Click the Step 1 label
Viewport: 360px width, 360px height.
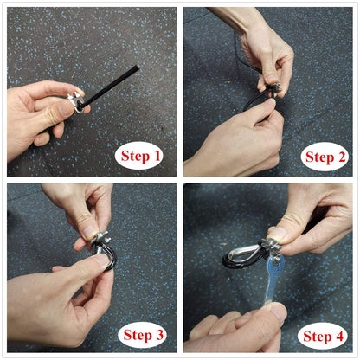point(140,156)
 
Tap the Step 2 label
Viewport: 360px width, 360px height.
point(325,157)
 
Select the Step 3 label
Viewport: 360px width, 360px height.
point(144,335)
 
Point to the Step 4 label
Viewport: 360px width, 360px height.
point(323,337)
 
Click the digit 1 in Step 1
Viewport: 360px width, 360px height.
point(157,156)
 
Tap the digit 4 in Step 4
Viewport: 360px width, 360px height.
point(339,336)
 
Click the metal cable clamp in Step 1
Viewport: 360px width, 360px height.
point(76,102)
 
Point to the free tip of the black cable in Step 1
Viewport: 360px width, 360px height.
point(138,67)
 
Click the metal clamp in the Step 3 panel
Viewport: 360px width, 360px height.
point(100,241)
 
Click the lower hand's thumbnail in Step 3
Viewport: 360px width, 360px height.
point(101,260)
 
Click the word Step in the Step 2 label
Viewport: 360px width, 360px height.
point(318,157)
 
